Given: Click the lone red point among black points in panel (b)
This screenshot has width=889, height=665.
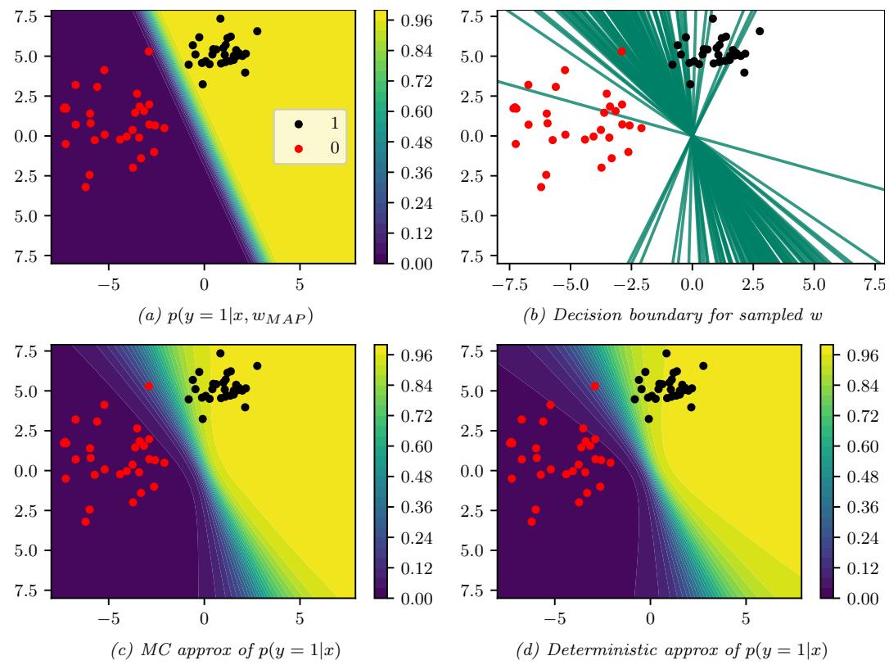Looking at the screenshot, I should pos(622,52).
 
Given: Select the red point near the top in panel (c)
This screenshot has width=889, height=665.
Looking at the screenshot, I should pos(149,386).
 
